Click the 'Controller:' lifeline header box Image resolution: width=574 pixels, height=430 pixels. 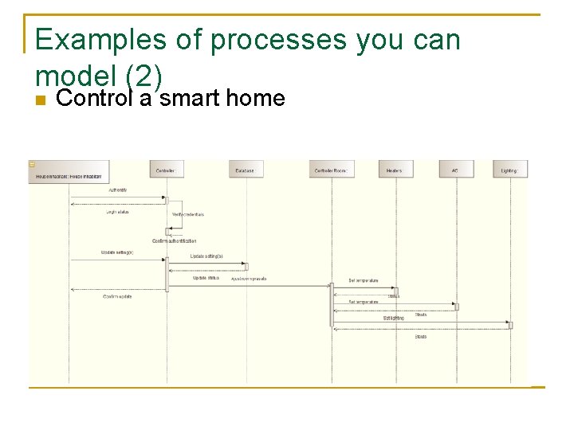[x=167, y=170]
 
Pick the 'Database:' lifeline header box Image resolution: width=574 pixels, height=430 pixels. [x=246, y=170]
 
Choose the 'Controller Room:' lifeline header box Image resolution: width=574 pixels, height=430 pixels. [x=332, y=170]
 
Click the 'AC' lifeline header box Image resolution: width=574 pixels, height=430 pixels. [x=456, y=170]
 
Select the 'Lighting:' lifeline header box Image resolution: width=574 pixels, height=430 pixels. [x=510, y=170]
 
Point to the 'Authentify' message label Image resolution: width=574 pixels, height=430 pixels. [x=117, y=190]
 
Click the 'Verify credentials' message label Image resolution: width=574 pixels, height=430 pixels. [x=188, y=214]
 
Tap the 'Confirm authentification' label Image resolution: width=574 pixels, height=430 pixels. [x=175, y=240]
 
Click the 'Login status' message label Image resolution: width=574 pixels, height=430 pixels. [x=117, y=212]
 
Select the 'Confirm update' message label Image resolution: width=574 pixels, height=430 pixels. [x=117, y=296]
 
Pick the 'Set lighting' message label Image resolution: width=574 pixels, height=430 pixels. [x=394, y=318]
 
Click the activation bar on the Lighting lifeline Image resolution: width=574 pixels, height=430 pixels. [x=510, y=325]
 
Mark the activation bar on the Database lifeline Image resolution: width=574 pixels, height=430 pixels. [x=246, y=267]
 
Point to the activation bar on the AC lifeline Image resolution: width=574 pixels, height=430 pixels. [x=456, y=306]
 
